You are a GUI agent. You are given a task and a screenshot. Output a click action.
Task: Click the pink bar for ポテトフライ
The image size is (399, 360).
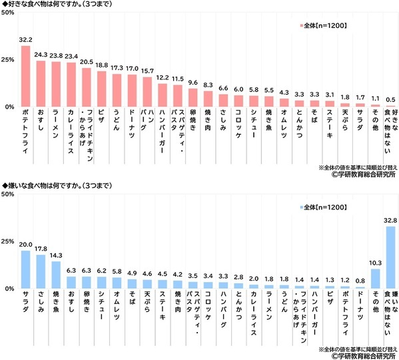click(x=25, y=76)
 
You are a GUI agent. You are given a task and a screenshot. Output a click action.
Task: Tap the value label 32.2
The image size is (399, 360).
click(x=25, y=40)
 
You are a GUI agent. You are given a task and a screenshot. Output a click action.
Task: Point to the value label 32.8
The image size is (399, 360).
click(x=391, y=221)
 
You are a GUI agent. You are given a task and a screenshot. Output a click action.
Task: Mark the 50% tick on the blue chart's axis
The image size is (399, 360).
click(x=8, y=194)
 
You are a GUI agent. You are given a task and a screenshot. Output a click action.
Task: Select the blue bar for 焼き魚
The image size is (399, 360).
click(x=56, y=275)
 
